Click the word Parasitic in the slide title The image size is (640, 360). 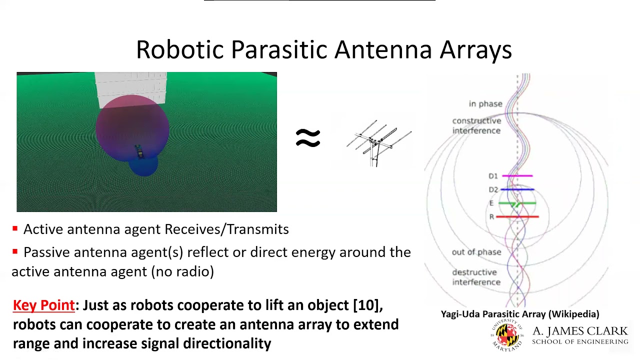pyautogui.click(x=278, y=49)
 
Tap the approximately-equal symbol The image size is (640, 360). pyautogui.click(x=307, y=138)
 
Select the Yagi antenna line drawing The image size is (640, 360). pyautogui.click(x=379, y=143)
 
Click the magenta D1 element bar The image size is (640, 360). pyautogui.click(x=517, y=175)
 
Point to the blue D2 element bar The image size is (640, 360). pyautogui.click(x=517, y=189)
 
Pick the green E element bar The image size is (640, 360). pyautogui.click(x=517, y=203)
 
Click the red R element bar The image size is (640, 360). pyautogui.click(x=517, y=217)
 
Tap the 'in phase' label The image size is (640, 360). pyautogui.click(x=485, y=103)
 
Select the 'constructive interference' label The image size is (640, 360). pyautogui.click(x=476, y=125)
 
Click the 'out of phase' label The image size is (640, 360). pyautogui.click(x=476, y=252)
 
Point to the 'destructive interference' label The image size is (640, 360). pyautogui.click(x=476, y=277)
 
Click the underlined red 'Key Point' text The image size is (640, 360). pyautogui.click(x=43, y=305)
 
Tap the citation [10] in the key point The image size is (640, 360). pyautogui.click(x=366, y=305)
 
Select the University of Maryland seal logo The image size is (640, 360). pyautogui.click(x=507, y=335)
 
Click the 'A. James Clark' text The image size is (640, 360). pyautogui.click(x=580, y=331)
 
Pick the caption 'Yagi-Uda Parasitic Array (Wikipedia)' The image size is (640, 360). pyautogui.click(x=520, y=314)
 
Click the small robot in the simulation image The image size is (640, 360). pyautogui.click(x=139, y=151)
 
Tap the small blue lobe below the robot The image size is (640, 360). pyautogui.click(x=143, y=166)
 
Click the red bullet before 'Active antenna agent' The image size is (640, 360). pyautogui.click(x=15, y=228)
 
